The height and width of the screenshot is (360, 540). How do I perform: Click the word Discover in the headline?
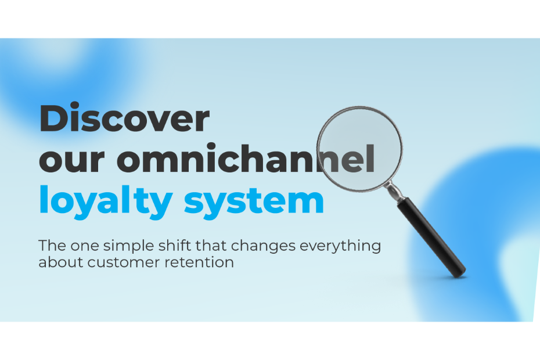pyautogui.click(x=125, y=117)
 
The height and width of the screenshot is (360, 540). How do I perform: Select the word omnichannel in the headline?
pyautogui.click(x=246, y=158)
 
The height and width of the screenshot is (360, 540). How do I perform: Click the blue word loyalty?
pyautogui.click(x=106, y=202)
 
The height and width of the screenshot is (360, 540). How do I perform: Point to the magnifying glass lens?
pyautogui.click(x=359, y=149)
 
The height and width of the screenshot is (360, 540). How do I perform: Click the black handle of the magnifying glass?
pyautogui.click(x=431, y=237)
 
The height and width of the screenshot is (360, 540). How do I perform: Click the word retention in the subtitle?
pyautogui.click(x=199, y=262)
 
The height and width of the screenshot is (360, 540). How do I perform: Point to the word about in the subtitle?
pyautogui.click(x=61, y=262)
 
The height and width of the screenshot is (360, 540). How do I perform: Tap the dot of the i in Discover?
pyautogui.click(x=75, y=105)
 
